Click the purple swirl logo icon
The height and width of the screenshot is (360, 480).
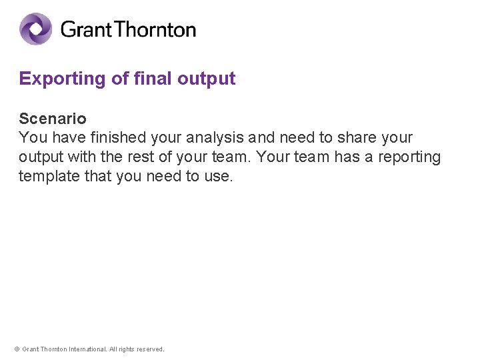35,29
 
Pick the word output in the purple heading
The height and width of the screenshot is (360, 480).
207,79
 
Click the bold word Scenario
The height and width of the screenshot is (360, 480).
53,119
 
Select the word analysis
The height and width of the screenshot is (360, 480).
215,138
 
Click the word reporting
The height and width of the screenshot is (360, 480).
410,157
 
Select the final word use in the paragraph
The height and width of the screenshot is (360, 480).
219,177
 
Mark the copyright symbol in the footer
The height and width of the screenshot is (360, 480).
17,349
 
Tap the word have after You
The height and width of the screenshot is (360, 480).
65,138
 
